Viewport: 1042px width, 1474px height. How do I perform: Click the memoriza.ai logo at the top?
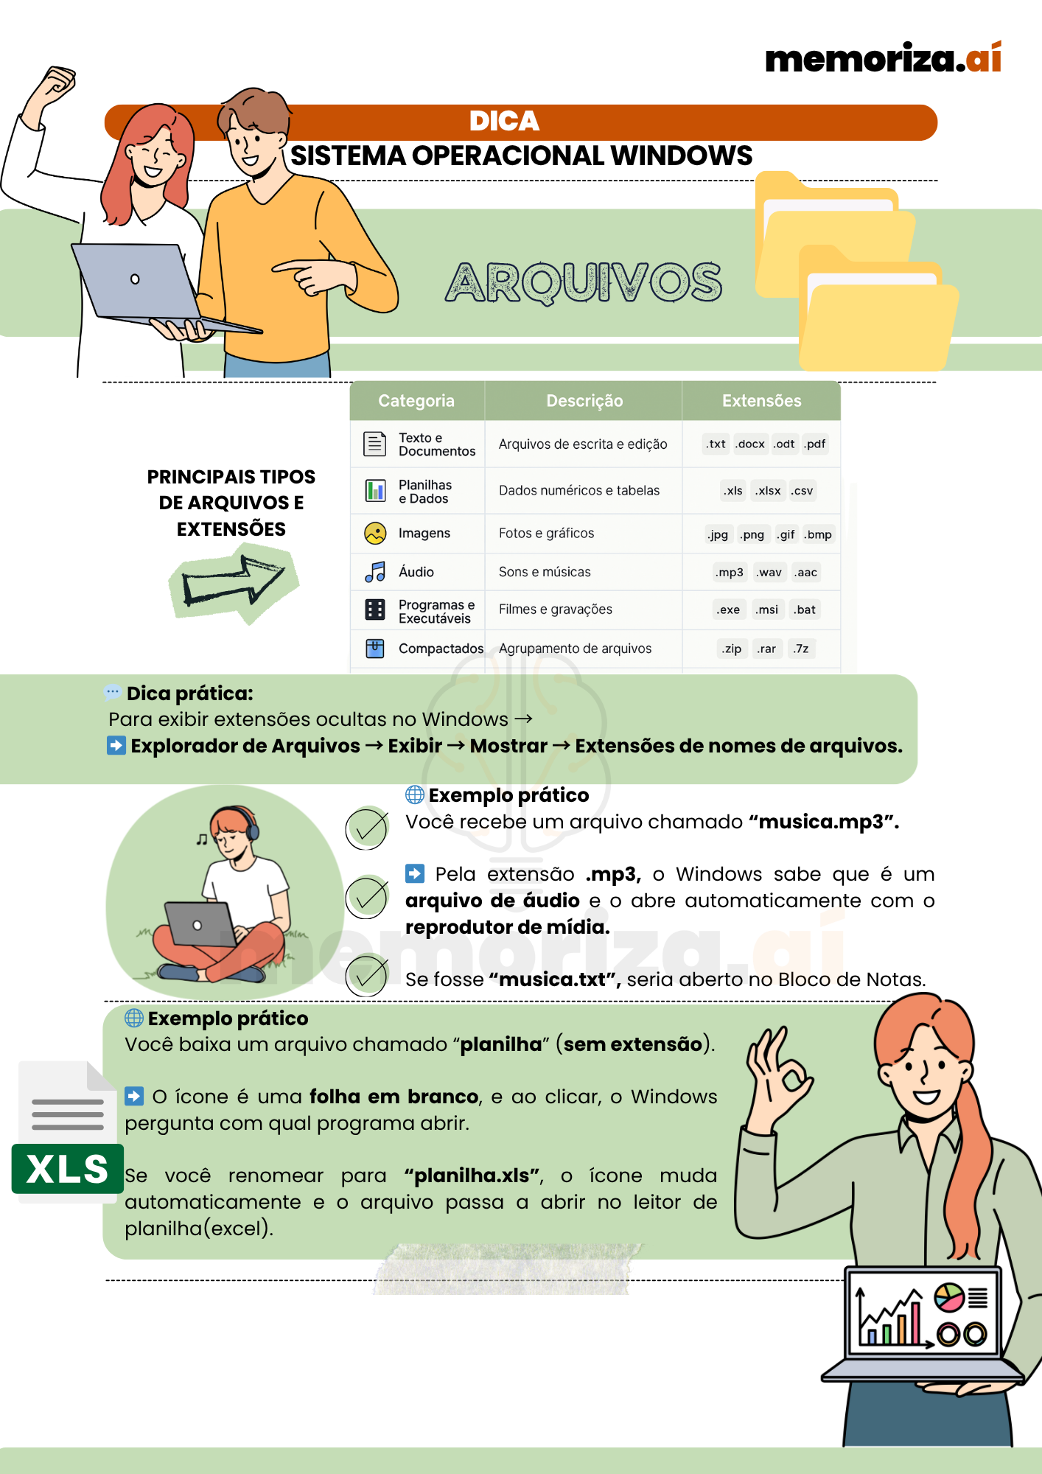[883, 59]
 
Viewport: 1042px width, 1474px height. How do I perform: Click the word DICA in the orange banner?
[504, 122]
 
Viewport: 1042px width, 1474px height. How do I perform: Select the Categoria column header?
[416, 401]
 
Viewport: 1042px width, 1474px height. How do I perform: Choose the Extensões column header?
[761, 401]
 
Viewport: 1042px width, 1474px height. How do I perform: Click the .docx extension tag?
[750, 444]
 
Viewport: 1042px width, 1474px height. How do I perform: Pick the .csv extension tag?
[802, 491]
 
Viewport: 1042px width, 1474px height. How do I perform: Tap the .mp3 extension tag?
[730, 573]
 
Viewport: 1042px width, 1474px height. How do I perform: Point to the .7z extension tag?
[801, 649]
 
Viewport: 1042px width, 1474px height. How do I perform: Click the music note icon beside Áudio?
[375, 572]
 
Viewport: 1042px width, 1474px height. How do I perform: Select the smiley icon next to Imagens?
[375, 533]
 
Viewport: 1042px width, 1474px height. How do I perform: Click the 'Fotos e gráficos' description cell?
[546, 534]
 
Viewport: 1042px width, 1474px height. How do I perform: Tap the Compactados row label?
[441, 649]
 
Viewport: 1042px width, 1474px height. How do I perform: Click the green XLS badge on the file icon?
[67, 1169]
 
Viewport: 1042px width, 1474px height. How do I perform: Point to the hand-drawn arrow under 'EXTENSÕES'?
[233, 582]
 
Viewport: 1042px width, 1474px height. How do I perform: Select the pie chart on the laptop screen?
[949, 1298]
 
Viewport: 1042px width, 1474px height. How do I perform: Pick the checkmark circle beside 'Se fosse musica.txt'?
[366, 975]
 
